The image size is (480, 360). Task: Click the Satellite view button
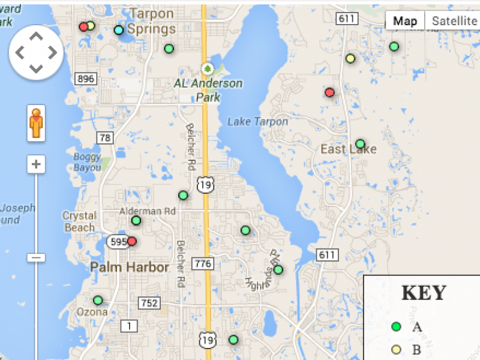coord(454,21)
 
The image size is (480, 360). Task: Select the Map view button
coord(405,21)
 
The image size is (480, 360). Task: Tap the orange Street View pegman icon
coord(37,122)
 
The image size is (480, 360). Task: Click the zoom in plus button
coord(37,164)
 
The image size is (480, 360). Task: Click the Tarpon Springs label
coord(151,21)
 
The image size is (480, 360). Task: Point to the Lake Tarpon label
coord(257,122)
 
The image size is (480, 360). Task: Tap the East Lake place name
coord(348,149)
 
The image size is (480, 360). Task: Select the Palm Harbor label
coord(130,268)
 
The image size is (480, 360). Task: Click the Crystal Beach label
coord(79,221)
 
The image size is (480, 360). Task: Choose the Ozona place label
coord(92,312)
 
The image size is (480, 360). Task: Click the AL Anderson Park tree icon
coord(208,69)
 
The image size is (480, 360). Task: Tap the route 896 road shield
coord(86,79)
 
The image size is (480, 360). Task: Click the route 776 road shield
coord(202,263)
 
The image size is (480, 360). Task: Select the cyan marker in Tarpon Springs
coord(119,30)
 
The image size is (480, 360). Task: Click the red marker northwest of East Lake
coord(329,92)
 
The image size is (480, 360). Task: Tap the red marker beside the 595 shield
coord(132,241)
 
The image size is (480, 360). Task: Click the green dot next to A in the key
coord(396,327)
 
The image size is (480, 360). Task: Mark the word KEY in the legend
coord(424,293)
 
